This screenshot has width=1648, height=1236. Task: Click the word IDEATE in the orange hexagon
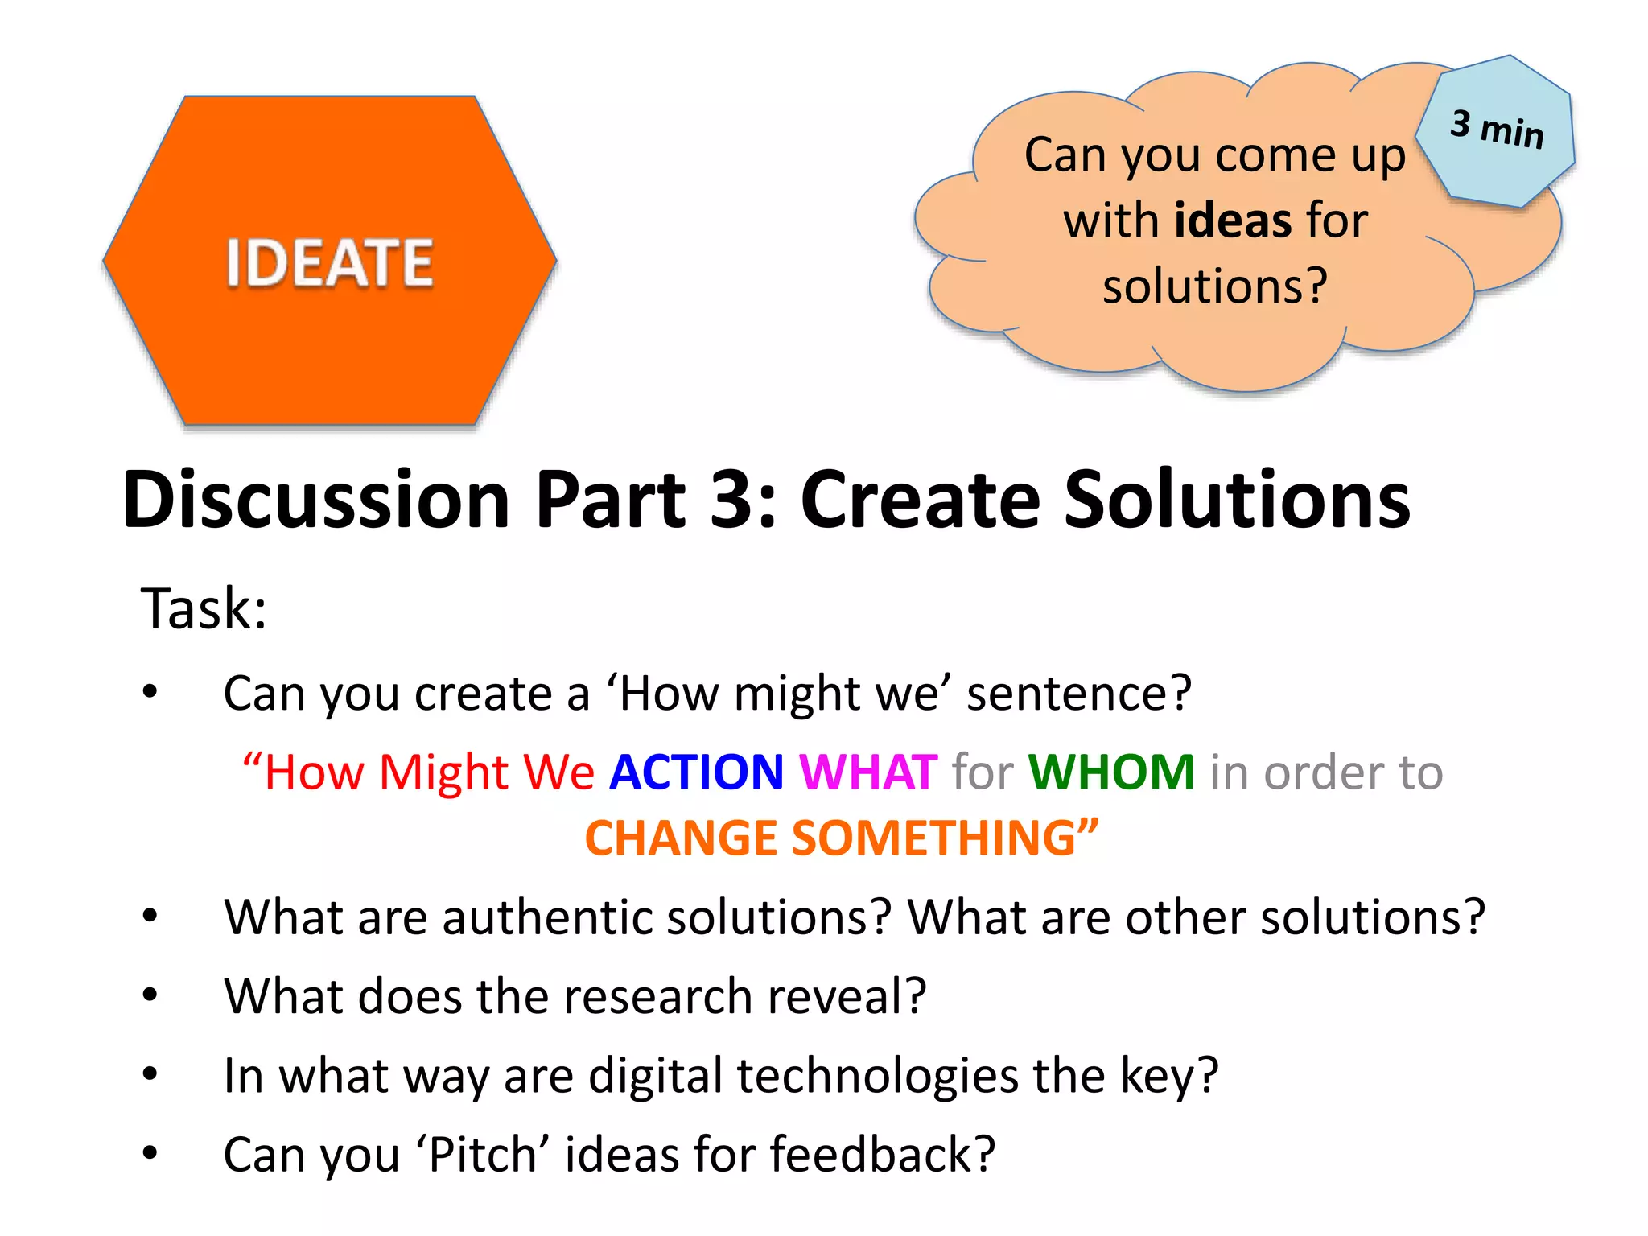(329, 263)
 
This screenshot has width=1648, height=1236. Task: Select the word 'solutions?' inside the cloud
(1214, 286)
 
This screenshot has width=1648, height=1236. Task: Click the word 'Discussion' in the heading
(316, 500)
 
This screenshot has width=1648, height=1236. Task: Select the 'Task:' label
(204, 608)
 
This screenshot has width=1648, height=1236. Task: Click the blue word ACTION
(696, 772)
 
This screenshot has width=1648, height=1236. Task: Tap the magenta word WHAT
(868, 772)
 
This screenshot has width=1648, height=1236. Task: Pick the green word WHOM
(1111, 772)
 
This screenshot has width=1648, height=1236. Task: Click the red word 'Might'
(444, 772)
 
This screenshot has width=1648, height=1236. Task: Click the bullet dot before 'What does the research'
(150, 996)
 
